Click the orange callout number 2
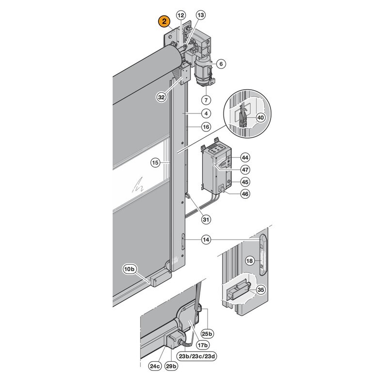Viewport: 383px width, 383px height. coord(164,21)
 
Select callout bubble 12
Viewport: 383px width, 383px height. coord(181,16)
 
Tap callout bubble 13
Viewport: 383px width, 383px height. coord(201,16)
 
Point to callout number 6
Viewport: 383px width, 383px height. coord(221,64)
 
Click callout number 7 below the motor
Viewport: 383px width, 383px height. coord(206,100)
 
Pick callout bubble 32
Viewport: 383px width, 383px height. coord(161,97)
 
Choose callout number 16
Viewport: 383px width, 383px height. coord(206,127)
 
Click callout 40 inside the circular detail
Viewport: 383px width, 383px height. coord(261,118)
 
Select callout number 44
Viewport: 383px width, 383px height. coord(245,158)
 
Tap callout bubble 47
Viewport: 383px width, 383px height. coord(245,170)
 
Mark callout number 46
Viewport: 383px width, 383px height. coord(245,194)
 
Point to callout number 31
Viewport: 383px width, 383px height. coord(206,219)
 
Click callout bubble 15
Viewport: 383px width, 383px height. coord(155,162)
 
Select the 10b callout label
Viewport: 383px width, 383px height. coord(129,270)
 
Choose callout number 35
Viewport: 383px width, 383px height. coord(261,290)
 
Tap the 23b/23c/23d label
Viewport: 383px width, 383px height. coord(197,356)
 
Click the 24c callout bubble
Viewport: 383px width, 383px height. coord(155,366)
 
